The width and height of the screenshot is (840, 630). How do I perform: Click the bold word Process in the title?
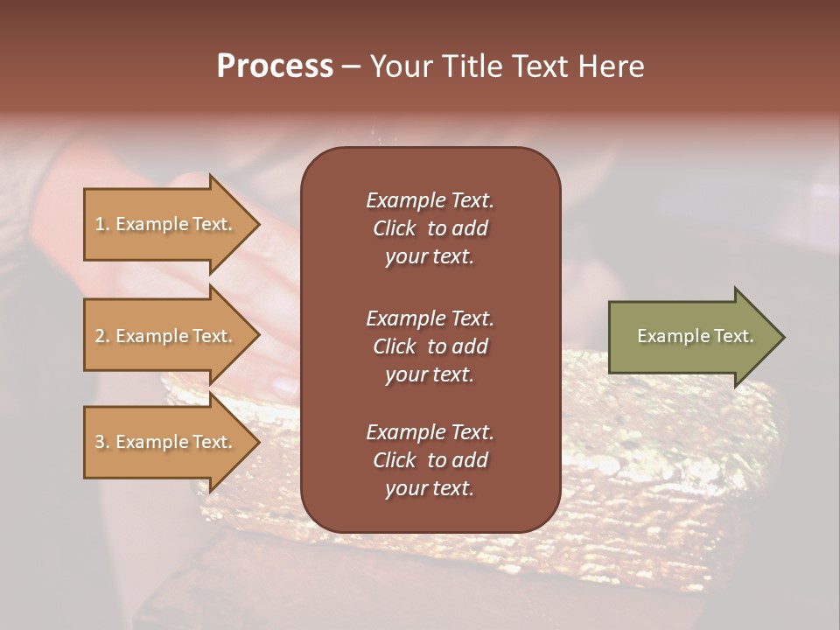(275, 66)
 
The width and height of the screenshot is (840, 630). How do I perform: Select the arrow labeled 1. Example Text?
(166, 224)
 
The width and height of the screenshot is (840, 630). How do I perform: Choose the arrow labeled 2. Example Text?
(166, 336)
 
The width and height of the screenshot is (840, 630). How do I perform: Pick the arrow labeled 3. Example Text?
(166, 442)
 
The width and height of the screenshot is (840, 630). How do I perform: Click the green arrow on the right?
(691, 336)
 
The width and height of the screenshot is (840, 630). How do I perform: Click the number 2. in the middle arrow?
(102, 336)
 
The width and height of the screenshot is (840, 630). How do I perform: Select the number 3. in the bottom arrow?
(102, 442)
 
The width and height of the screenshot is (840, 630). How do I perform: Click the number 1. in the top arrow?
(102, 224)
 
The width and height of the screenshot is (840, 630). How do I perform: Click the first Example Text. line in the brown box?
(430, 200)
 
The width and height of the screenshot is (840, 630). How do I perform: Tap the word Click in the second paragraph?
(395, 346)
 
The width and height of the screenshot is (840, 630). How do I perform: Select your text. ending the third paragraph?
(430, 489)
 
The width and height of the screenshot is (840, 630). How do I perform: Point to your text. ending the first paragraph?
(430, 257)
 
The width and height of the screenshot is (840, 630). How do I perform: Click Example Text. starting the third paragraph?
(430, 432)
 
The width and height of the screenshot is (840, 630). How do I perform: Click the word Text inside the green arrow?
(733, 336)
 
